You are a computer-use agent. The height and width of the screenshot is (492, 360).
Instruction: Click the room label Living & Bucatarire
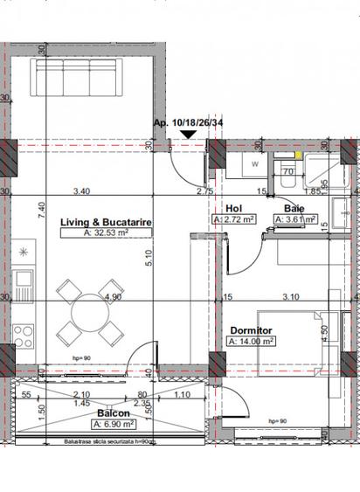107,223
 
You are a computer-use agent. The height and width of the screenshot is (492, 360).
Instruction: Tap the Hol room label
233,209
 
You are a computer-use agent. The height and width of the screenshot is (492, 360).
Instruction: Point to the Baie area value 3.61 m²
294,220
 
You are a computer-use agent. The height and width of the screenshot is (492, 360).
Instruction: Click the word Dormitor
251,330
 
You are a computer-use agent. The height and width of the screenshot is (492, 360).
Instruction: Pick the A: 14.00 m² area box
252,342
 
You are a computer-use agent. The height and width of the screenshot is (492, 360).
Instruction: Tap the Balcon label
114,412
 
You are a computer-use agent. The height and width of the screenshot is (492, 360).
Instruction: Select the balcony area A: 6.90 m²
114,424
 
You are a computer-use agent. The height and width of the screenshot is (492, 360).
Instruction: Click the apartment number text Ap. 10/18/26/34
188,123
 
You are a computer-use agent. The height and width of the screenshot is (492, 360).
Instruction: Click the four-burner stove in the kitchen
21,336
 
